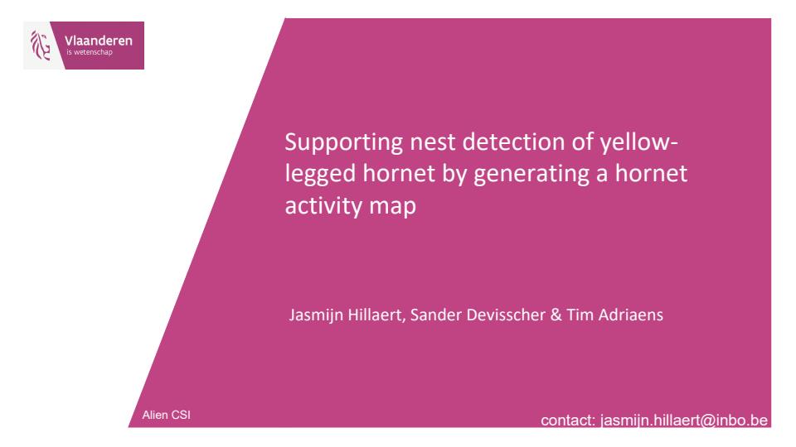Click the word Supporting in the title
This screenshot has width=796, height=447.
pos(343,143)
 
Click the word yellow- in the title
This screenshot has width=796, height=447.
pos(638,143)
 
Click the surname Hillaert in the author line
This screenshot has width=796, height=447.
pos(376,315)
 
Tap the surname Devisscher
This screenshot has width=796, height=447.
pos(506,315)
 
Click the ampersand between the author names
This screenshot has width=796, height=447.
pos(556,315)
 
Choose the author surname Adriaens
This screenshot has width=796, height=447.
pos(630,315)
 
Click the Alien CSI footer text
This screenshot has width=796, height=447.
pos(166,415)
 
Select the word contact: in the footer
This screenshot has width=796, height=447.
pos(568,421)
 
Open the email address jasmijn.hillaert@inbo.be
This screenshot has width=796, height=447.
pos(684,421)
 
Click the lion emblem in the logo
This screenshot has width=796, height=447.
pos(40,45)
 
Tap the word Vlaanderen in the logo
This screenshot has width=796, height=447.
pos(99,41)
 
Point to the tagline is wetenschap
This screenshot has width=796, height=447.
pos(90,52)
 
